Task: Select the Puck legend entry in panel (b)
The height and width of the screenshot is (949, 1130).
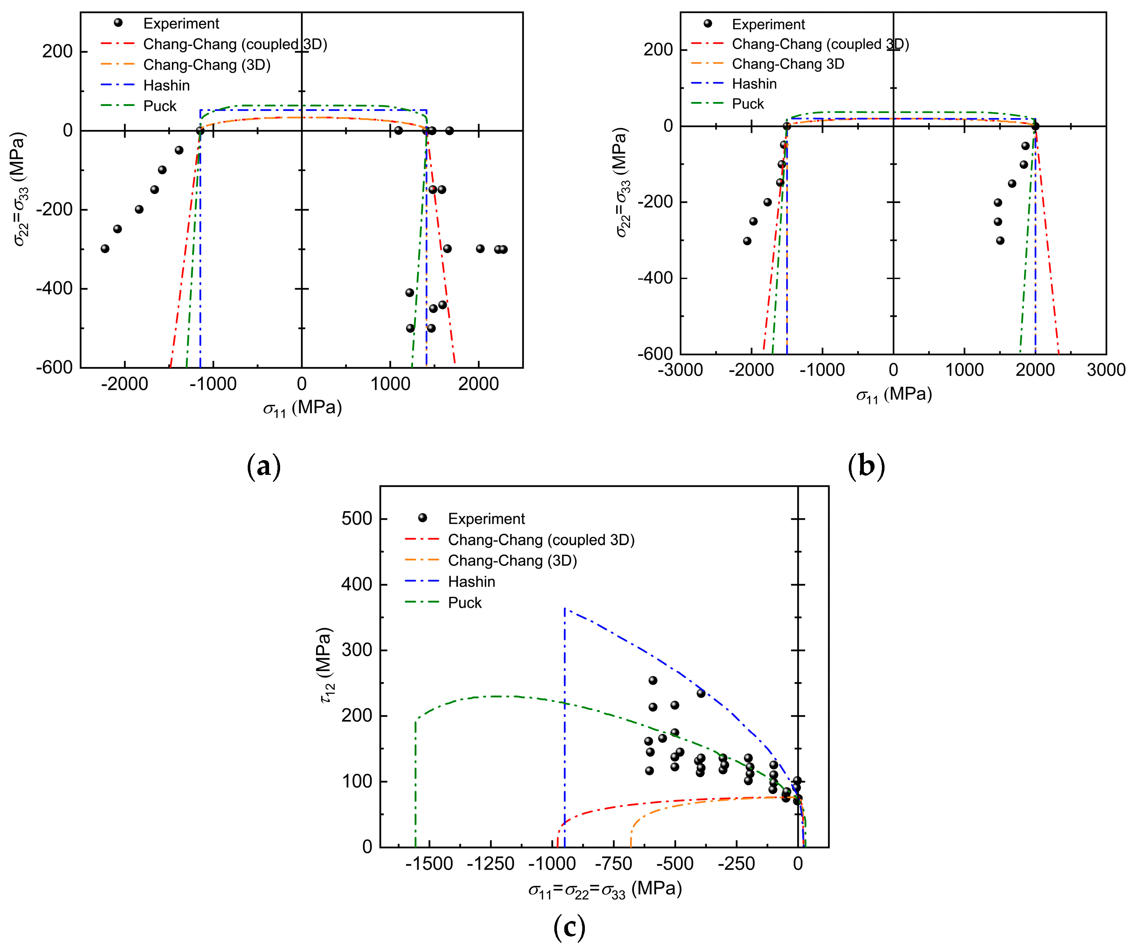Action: click(748, 104)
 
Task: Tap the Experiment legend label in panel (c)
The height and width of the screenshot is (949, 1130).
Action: click(486, 519)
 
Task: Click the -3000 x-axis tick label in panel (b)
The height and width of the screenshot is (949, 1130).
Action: click(680, 370)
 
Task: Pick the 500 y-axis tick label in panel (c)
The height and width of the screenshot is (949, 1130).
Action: click(356, 519)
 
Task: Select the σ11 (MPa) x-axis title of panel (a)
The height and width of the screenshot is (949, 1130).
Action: click(302, 408)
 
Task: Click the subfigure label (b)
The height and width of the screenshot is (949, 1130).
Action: click(866, 466)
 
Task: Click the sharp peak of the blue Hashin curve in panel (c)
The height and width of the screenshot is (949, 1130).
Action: click(565, 609)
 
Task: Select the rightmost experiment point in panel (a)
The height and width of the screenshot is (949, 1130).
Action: click(503, 249)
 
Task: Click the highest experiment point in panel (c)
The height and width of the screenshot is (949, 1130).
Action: click(653, 680)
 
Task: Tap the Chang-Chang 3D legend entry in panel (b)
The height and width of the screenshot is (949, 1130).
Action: click(788, 64)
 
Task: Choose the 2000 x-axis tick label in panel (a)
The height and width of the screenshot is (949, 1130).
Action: click(479, 384)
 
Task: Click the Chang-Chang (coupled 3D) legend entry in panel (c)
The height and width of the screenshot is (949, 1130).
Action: click(541, 540)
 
